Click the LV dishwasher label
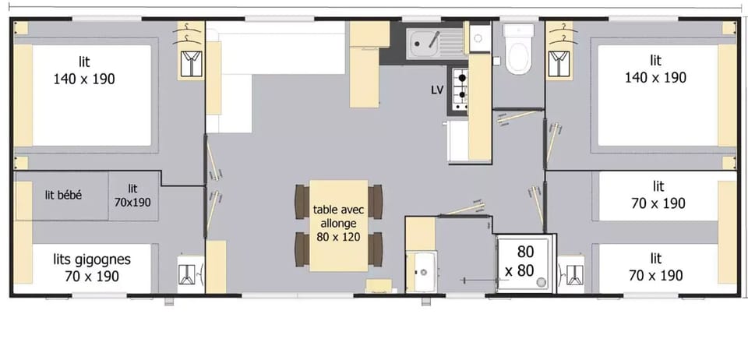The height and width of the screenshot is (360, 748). point(437,90)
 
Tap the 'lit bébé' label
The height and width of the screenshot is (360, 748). point(63,195)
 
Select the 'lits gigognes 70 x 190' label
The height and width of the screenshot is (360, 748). point(92,266)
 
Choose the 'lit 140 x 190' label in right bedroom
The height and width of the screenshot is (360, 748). point(655,69)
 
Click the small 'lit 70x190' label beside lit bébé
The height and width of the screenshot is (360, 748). point(132,195)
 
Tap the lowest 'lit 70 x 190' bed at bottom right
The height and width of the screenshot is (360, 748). point(655,266)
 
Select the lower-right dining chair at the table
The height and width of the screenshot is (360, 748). point(376,249)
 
